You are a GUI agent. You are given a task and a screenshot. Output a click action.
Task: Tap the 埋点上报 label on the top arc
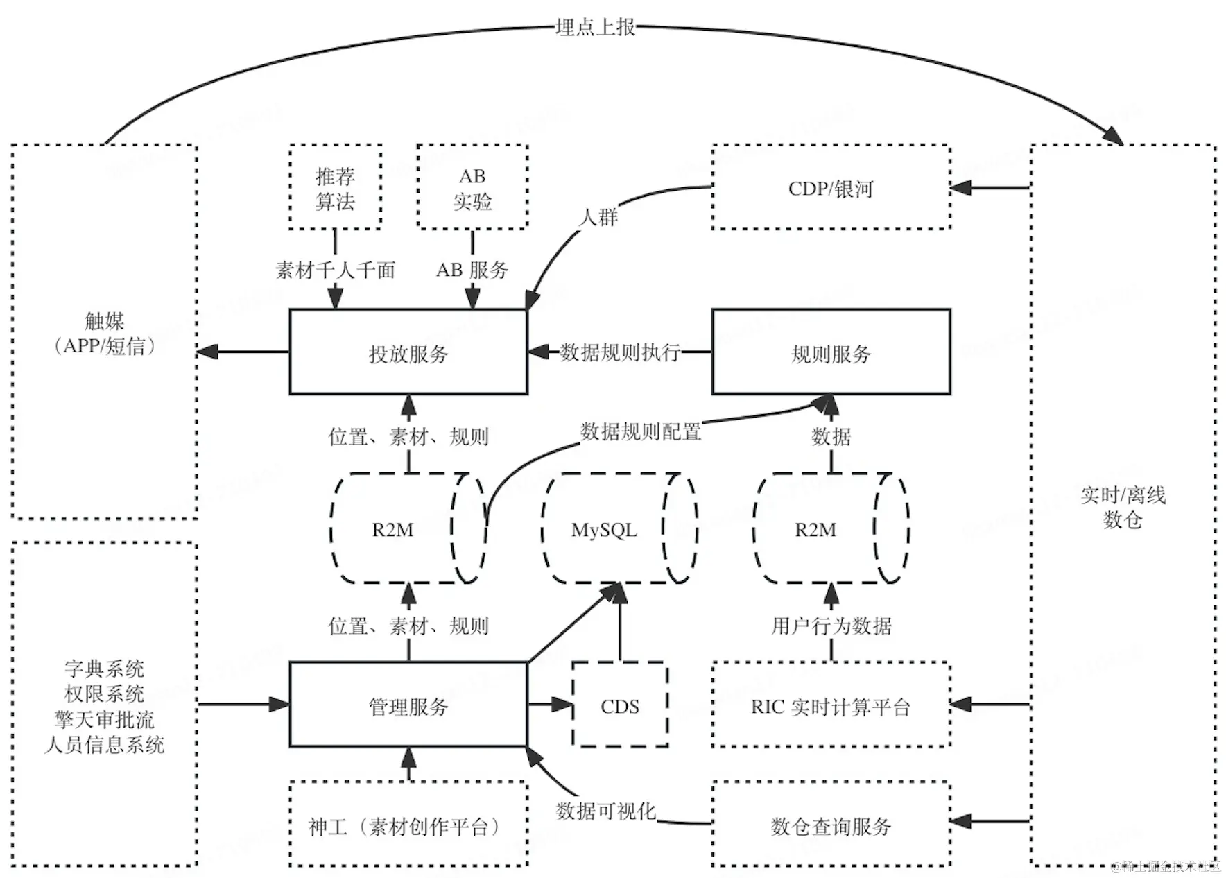pos(595,27)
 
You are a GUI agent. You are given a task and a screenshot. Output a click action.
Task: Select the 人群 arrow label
pos(598,217)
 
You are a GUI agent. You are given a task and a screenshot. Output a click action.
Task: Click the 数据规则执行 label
pos(620,352)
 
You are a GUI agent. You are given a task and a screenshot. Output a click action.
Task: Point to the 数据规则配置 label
pos(641,431)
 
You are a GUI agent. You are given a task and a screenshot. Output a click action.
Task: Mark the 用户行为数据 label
pos(831,626)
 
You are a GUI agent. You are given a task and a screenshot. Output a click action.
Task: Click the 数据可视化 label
pos(606,811)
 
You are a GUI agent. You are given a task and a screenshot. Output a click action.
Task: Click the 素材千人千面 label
pos(335,270)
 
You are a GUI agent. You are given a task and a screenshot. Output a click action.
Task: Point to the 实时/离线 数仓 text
pos(1123,507)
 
